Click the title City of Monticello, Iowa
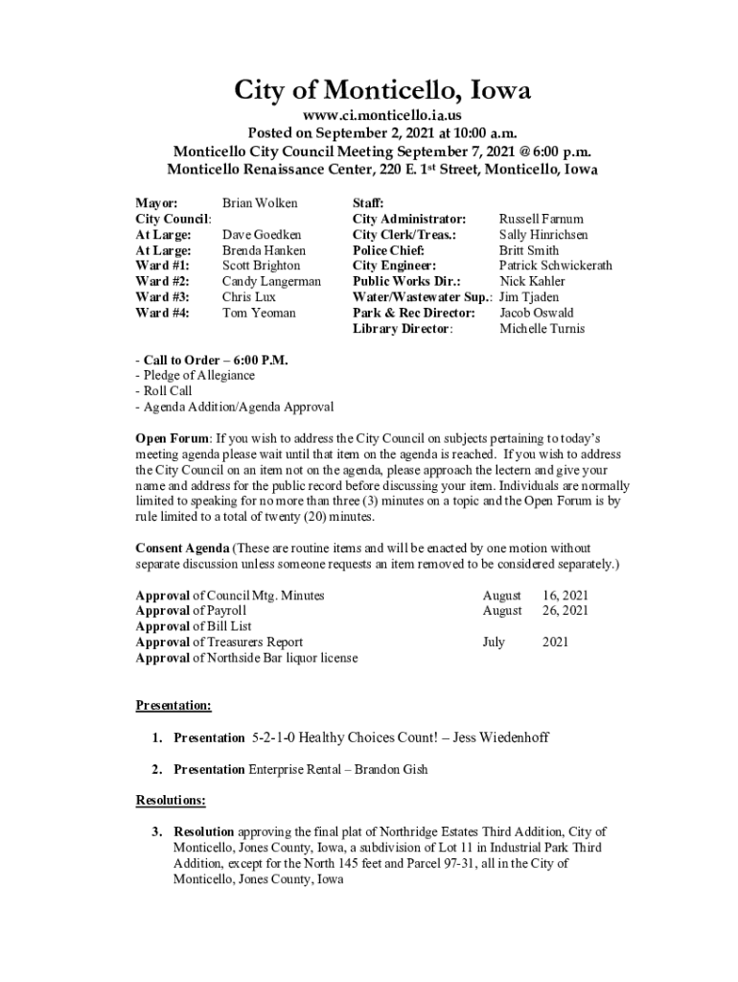pos(382,91)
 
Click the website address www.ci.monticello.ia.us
pos(382,116)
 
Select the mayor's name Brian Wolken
pos(260,203)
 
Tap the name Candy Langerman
pos(271,282)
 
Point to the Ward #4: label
pos(162,313)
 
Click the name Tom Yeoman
pos(259,313)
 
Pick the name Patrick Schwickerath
pos(555,266)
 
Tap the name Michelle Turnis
pos(542,329)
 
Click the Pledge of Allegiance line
pos(197,376)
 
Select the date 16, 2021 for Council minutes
pos(565,596)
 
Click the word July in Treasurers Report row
pos(494,643)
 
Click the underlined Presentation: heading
pos(173,706)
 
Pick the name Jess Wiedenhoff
pos(501,737)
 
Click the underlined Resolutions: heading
pos(171,800)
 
